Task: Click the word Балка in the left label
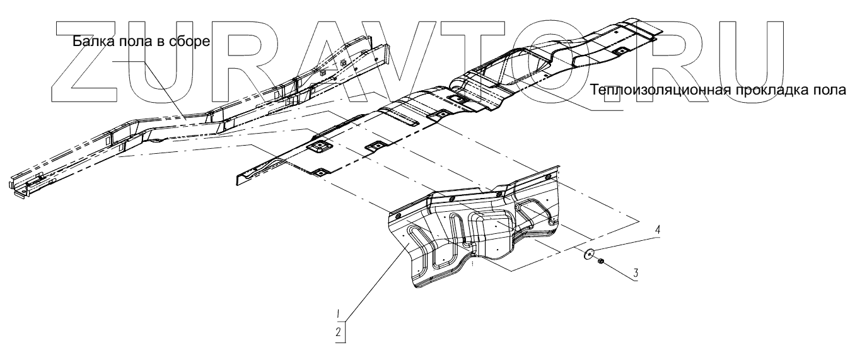90,43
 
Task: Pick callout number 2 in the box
339,331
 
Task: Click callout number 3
636,274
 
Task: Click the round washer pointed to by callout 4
589,254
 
